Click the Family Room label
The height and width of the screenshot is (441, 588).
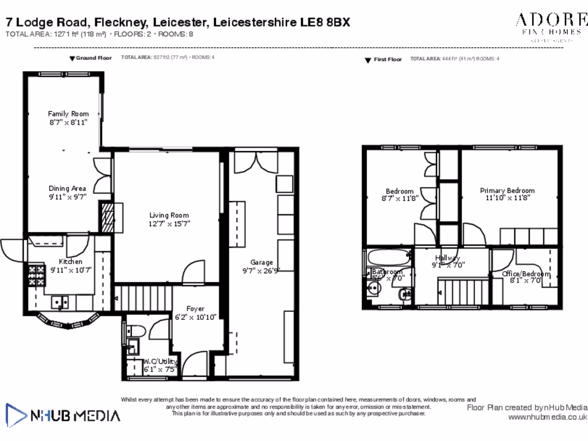(x=68, y=114)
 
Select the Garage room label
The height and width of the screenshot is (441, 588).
(x=261, y=262)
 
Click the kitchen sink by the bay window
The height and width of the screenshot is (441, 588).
(x=60, y=301)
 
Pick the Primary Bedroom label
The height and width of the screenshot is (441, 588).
(x=507, y=191)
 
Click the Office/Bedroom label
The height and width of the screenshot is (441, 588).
(x=526, y=274)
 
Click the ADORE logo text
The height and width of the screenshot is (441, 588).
(x=551, y=21)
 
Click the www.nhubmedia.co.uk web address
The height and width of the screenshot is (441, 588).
(x=547, y=417)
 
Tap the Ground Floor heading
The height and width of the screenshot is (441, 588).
(x=94, y=58)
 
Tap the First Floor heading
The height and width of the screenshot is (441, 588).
(x=388, y=60)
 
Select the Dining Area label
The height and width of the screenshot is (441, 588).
(x=67, y=188)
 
